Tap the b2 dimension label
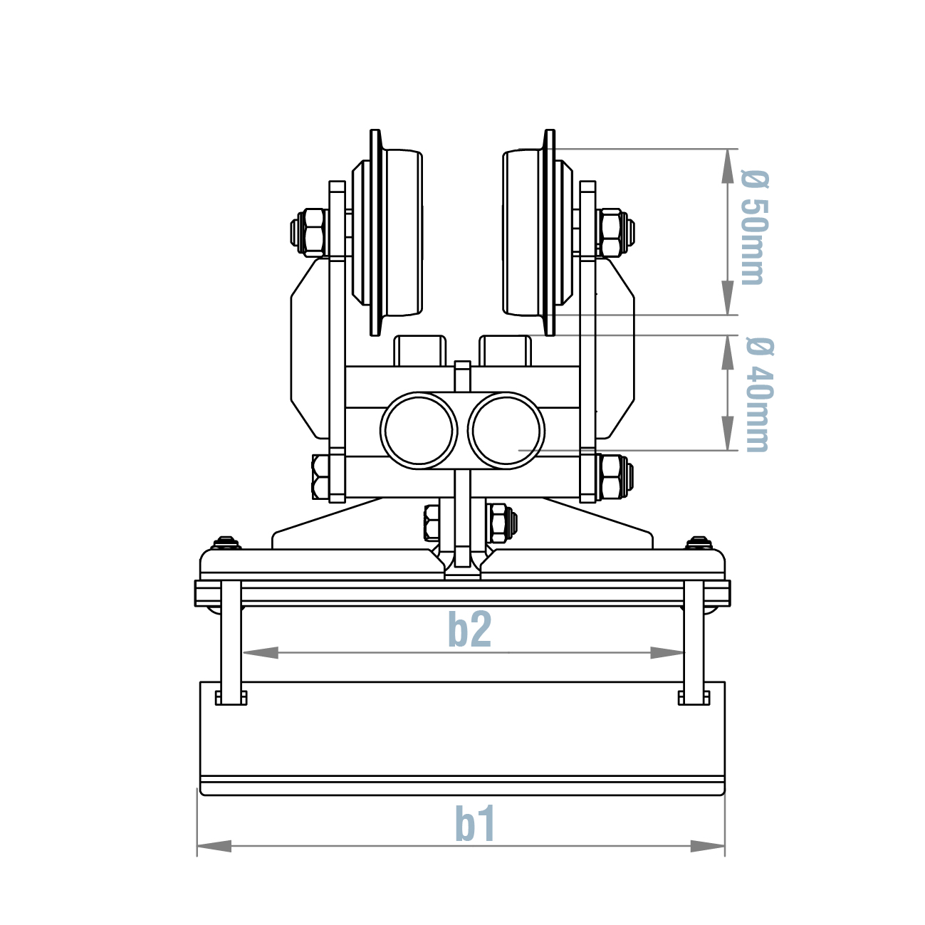click(x=469, y=629)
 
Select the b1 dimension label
click(x=475, y=825)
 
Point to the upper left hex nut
click(x=310, y=232)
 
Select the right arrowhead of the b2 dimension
click(x=667, y=652)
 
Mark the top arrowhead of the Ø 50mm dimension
click(x=727, y=167)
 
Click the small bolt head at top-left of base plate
click(x=226, y=543)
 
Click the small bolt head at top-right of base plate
click(x=699, y=543)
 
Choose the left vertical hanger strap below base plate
click(x=231, y=641)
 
